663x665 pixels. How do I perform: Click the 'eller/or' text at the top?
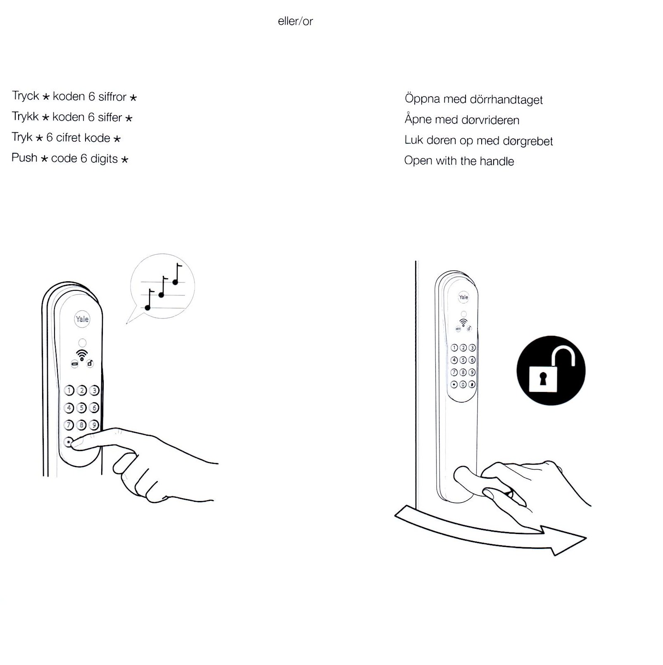[295, 21]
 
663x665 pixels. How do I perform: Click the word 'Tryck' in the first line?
[26, 96]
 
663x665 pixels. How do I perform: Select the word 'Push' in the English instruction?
[24, 158]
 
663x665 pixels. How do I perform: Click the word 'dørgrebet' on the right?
[528, 141]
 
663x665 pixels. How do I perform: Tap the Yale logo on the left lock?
[82, 319]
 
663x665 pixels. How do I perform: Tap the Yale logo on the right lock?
[463, 297]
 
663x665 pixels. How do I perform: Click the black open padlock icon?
[551, 370]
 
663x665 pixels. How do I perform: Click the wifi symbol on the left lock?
[82, 354]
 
